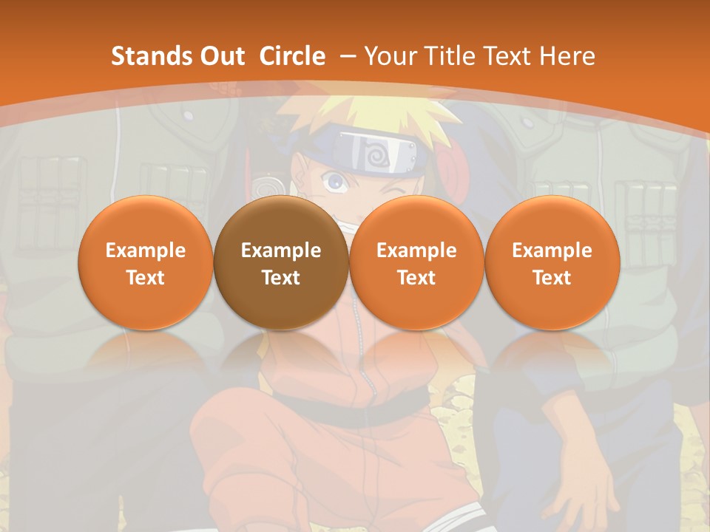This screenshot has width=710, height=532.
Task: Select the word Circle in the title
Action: coord(292,56)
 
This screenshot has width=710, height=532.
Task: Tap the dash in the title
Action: coord(348,56)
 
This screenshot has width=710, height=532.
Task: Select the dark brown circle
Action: coord(281,262)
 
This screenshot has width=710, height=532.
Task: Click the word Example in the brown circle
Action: coord(281,250)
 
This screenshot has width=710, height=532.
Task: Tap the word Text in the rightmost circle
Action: coord(552,278)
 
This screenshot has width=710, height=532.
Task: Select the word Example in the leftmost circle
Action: coord(146,250)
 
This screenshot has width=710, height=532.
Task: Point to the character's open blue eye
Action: coord(336,180)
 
